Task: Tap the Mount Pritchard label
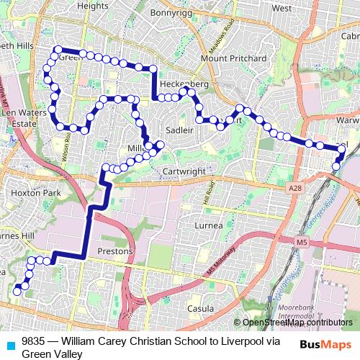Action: [x=233, y=58]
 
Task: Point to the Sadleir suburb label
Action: [x=179, y=130]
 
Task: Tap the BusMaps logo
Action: [x=325, y=345]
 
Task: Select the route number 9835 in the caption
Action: [x=34, y=342]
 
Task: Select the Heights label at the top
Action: [x=92, y=6]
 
